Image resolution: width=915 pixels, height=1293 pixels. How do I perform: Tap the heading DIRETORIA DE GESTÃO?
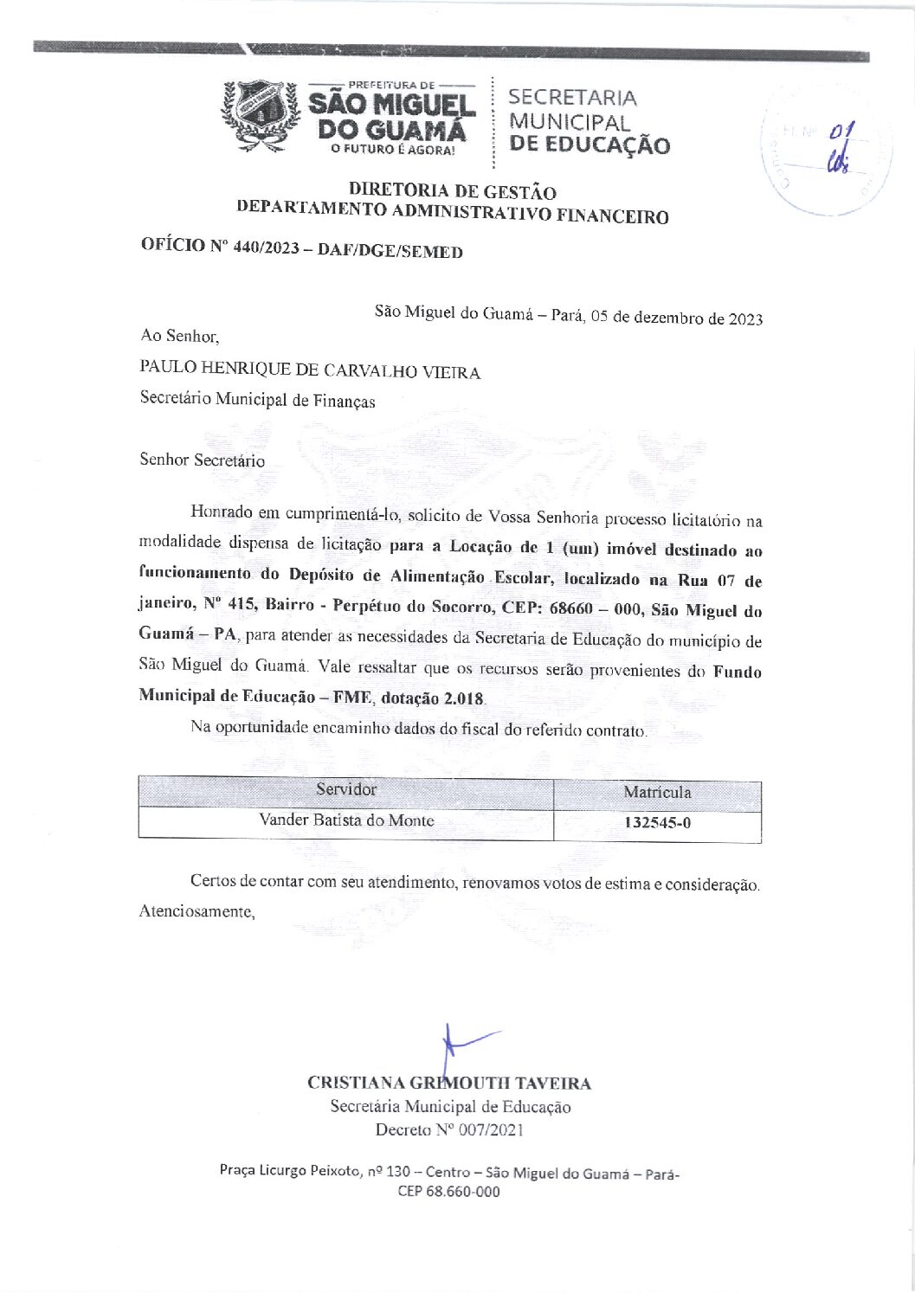point(452,191)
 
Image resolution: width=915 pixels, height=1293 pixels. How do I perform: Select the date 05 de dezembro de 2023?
point(676,318)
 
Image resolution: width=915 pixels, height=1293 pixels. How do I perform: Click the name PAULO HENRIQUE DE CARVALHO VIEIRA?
point(310,372)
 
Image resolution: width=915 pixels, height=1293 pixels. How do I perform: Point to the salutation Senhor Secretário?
point(203,460)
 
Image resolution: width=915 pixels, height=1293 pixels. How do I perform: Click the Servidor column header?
point(345,789)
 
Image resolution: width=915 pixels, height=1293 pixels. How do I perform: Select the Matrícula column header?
point(657,792)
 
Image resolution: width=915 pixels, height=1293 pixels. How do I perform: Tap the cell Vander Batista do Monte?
point(346,820)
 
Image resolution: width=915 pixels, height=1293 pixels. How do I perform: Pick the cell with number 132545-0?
point(657,822)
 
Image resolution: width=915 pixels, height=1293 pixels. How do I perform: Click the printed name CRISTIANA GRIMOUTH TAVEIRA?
point(449,1083)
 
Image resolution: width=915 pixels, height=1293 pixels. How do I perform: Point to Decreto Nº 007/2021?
point(449,1129)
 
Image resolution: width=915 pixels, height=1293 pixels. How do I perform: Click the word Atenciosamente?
point(197,912)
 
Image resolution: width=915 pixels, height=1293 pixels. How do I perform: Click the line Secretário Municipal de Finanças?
point(257,401)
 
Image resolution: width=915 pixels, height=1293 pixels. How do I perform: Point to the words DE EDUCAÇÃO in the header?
point(590,145)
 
